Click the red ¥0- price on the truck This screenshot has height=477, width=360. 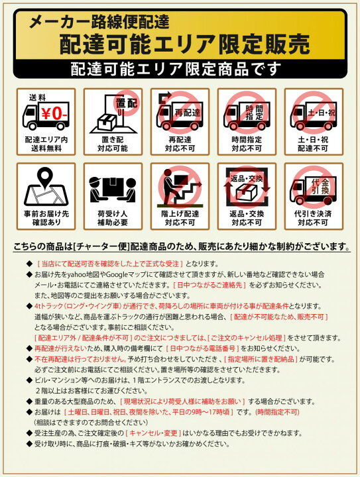[x=54, y=115]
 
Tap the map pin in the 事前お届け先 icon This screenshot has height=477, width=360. [x=46, y=178]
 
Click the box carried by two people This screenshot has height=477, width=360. [x=113, y=187]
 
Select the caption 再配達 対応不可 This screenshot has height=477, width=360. [x=180, y=144]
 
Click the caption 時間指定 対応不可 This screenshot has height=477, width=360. [x=247, y=144]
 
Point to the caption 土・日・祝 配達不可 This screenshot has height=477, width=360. [x=313, y=144]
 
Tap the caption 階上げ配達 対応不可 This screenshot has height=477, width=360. [x=180, y=218]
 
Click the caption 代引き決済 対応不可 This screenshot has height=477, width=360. [x=313, y=218]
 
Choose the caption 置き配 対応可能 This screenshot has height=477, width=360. [x=113, y=144]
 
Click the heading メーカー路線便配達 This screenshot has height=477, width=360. [x=99, y=23]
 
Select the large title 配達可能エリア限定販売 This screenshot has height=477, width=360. [x=184, y=44]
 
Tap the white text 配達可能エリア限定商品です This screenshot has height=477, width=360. [x=176, y=69]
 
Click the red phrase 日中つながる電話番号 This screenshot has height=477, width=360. [x=202, y=348]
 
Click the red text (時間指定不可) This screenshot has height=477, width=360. [x=277, y=412]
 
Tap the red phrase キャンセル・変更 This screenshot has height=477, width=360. [x=153, y=433]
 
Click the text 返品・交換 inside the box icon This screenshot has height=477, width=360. [x=247, y=179]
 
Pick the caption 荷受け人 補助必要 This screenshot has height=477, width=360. [x=113, y=218]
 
